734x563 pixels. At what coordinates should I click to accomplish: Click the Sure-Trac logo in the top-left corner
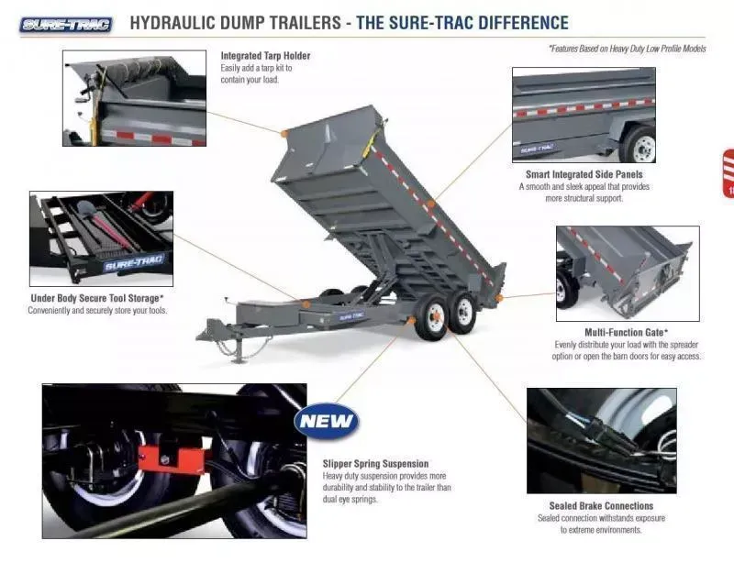coord(65,24)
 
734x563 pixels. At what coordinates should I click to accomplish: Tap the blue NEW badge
coord(327,422)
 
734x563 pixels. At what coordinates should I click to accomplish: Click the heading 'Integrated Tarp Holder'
coord(265,56)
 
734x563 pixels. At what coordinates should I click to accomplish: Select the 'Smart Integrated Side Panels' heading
coord(584,174)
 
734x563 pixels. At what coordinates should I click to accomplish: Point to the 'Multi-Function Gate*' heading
coord(626,332)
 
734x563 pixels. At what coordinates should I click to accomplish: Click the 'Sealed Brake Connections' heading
coord(601,506)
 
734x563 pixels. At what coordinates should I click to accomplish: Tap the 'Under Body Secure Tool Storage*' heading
coord(97,298)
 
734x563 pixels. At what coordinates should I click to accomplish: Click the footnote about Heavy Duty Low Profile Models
coord(627,49)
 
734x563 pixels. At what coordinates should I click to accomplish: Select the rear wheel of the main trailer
coord(464,312)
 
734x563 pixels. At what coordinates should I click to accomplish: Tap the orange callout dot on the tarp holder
coord(284,134)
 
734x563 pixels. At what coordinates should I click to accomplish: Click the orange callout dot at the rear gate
coord(499,297)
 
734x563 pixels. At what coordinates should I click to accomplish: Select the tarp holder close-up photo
coord(134,98)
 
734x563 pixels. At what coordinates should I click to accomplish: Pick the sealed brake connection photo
coord(601,440)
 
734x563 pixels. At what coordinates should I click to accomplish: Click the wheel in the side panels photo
coord(639,145)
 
